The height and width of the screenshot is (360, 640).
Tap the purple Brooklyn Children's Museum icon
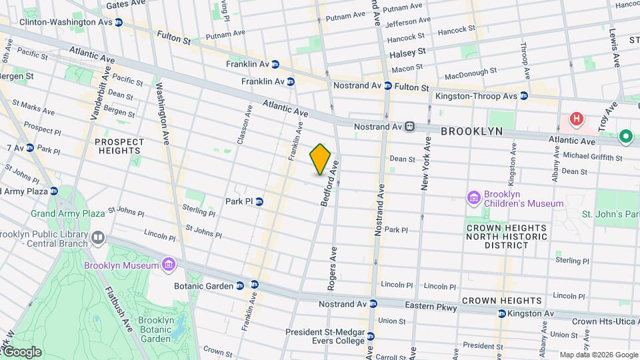click(x=474, y=197)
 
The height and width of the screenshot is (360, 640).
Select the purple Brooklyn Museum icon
click(x=169, y=265)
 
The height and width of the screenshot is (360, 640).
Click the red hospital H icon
click(x=577, y=120)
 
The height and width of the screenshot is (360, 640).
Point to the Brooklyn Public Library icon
click(x=98, y=237)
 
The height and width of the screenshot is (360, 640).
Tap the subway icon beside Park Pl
click(x=260, y=201)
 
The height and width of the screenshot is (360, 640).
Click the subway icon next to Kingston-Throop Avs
click(x=524, y=96)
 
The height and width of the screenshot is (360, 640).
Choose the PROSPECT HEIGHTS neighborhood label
click(x=119, y=146)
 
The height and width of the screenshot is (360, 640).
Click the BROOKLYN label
click(x=471, y=131)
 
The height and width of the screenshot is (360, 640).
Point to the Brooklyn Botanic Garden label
click(x=155, y=329)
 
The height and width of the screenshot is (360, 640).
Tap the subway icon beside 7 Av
click(x=30, y=147)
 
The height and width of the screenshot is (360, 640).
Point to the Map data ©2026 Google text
click(x=598, y=355)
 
